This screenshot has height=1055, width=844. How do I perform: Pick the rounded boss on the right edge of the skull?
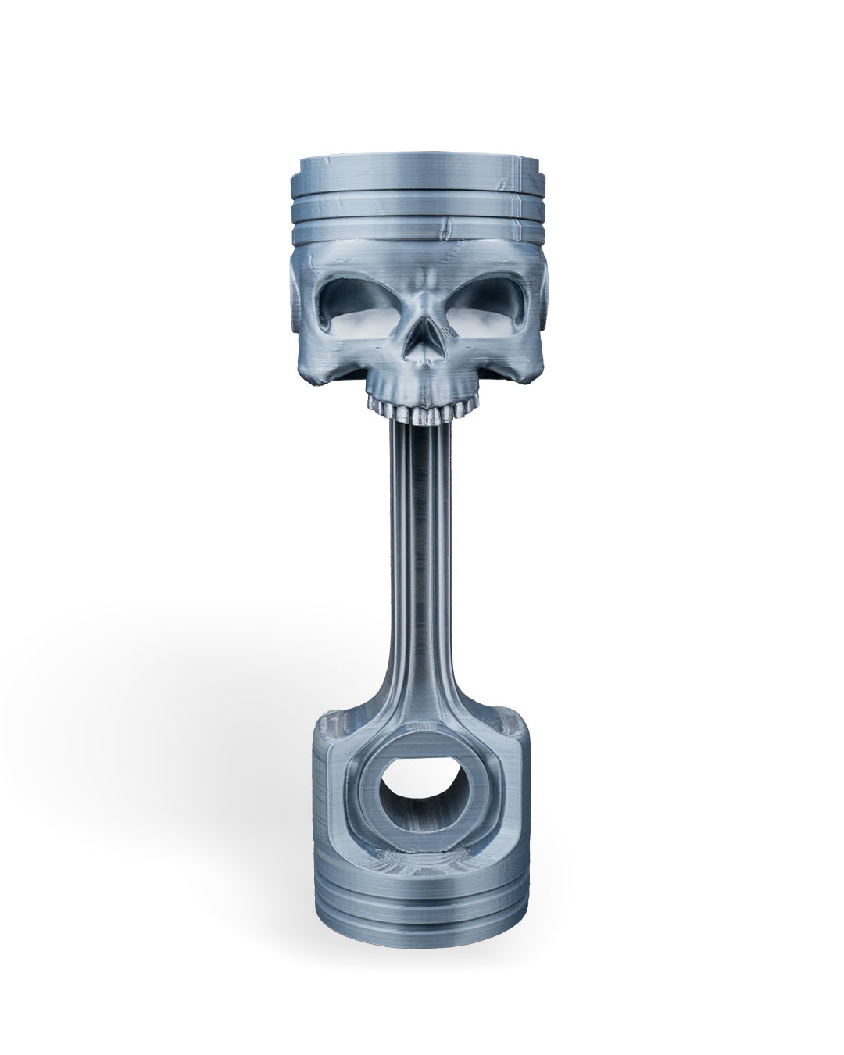click(x=548, y=301)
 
